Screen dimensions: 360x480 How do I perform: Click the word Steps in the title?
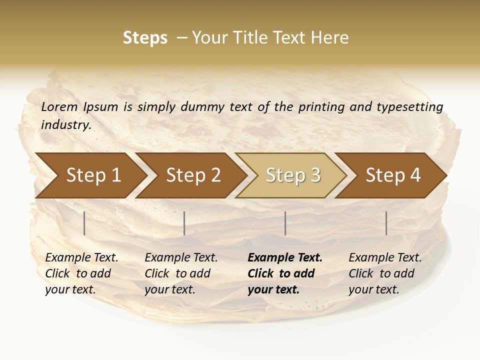(x=145, y=38)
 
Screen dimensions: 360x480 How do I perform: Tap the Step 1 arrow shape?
(x=93, y=175)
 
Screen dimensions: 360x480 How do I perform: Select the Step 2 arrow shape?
(x=193, y=175)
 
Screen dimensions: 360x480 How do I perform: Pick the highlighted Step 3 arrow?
(x=293, y=175)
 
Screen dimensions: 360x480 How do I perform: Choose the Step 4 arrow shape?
(x=393, y=175)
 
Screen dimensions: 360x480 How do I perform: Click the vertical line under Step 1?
(x=84, y=223)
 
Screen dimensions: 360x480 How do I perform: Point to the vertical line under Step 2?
(x=184, y=223)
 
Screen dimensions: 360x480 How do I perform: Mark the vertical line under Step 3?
(x=285, y=223)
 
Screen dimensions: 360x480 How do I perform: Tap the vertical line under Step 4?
(x=386, y=223)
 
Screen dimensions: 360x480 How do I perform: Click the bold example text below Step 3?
(x=285, y=273)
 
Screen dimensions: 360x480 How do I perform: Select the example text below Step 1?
(x=81, y=273)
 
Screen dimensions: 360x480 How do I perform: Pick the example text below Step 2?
(x=181, y=273)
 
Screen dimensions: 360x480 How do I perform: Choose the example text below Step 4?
(x=385, y=273)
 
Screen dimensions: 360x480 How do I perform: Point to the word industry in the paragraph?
(x=66, y=124)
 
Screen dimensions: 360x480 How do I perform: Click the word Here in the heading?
(x=329, y=38)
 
